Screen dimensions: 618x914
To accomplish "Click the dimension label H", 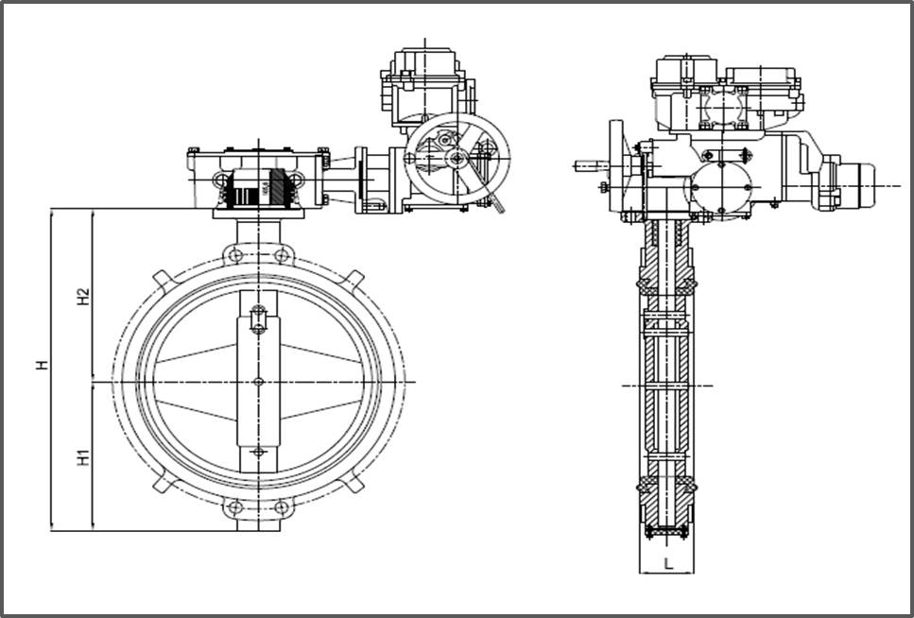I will (42, 364).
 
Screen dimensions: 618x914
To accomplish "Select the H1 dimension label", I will (84, 457).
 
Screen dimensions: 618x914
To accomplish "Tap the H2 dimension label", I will (84, 296).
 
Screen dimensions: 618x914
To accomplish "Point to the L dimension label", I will (668, 564).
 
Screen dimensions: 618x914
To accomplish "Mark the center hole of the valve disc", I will (258, 382).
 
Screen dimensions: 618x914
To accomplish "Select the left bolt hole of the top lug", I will (235, 256).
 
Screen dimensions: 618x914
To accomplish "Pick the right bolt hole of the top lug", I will (281, 256).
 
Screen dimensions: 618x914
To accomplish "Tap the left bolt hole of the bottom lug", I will (235, 508).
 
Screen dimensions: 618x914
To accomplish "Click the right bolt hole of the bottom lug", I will (281, 508).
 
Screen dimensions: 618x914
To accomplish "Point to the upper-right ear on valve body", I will (354, 280).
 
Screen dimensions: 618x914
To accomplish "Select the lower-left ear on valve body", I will (162, 484).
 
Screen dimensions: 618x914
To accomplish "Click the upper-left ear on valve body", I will (162, 280).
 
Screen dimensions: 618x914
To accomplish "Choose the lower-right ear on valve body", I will (354, 484).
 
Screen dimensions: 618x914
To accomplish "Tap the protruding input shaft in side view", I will (591, 166).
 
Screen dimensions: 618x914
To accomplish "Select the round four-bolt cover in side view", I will (722, 185).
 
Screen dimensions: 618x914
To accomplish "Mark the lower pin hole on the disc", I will (258, 452).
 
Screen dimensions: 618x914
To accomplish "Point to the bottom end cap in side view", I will (667, 532).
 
